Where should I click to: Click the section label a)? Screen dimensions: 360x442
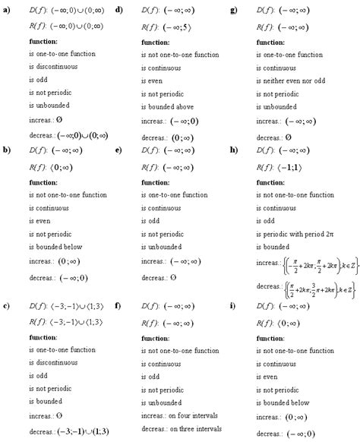click(x=7, y=8)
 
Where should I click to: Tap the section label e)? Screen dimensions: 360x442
click(x=119, y=150)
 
